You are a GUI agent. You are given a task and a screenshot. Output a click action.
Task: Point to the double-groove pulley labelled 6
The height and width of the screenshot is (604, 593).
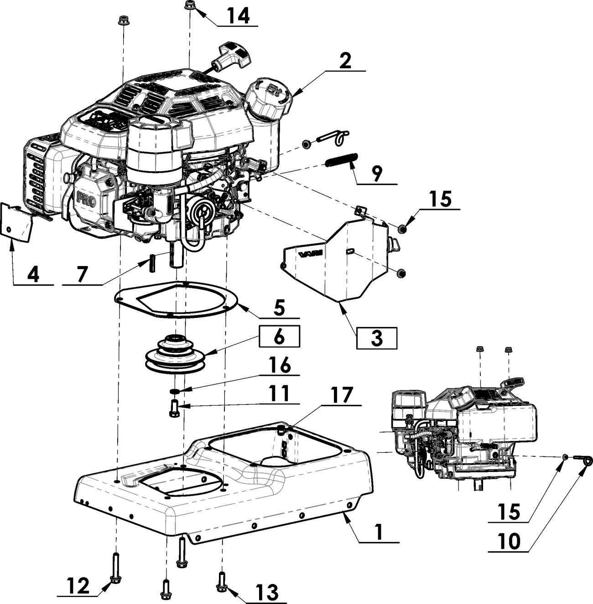coord(175,354)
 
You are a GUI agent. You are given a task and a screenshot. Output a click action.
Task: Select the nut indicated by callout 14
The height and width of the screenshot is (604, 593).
coord(189,5)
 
